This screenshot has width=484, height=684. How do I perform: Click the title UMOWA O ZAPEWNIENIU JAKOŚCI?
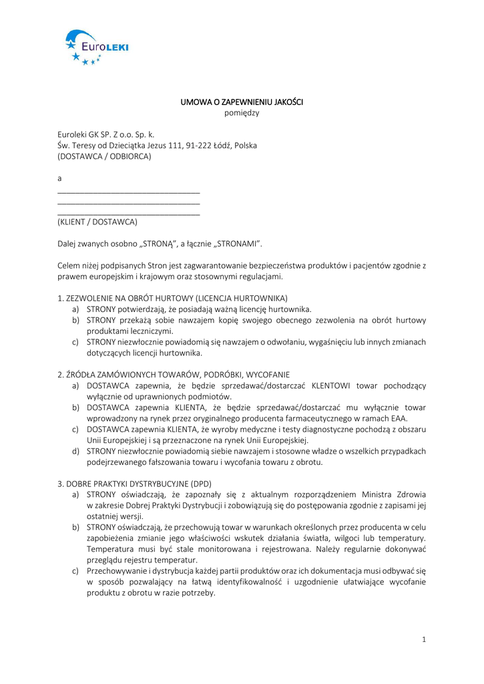(x=242, y=102)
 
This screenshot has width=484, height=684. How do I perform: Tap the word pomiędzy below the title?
(x=242, y=113)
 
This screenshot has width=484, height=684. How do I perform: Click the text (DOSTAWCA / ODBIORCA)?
(x=104, y=156)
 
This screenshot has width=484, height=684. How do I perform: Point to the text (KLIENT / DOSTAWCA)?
(x=97, y=221)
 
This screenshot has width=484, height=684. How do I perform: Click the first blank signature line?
(x=129, y=192)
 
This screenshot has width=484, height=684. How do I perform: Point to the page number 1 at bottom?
(x=423, y=639)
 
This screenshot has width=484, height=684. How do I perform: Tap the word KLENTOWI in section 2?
(x=335, y=385)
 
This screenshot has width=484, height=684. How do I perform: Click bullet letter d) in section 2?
(x=76, y=451)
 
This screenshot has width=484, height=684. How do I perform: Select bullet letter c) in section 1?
(x=76, y=342)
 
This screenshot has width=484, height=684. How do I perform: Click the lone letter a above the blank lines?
(x=60, y=178)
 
